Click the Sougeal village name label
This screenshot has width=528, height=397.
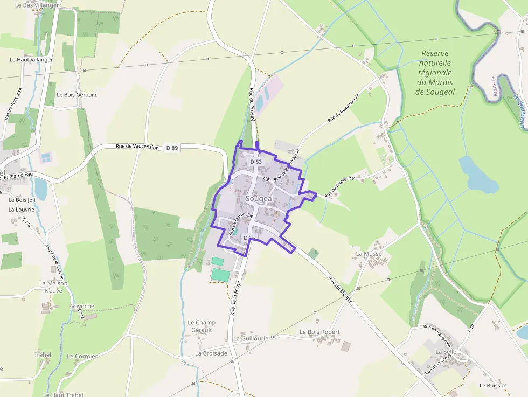pyautogui.click(x=260, y=199)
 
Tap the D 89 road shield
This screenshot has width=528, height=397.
pyautogui.click(x=172, y=148)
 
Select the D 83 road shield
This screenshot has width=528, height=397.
pyautogui.click(x=256, y=162)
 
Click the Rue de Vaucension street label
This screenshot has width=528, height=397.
pyautogui.click(x=137, y=147)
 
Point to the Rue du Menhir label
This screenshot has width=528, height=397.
pyautogui.click(x=340, y=290)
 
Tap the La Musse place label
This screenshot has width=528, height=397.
pyautogui.click(x=369, y=254)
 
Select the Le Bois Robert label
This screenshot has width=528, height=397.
pyautogui.click(x=319, y=332)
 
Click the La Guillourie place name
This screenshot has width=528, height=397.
pyautogui.click(x=251, y=338)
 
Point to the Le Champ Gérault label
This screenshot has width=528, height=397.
pyautogui.click(x=202, y=326)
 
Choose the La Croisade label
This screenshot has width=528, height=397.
pyautogui.click(x=211, y=353)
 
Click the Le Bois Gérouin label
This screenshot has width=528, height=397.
pyautogui.click(x=77, y=95)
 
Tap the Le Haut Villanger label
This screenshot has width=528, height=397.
pyautogui.click(x=31, y=60)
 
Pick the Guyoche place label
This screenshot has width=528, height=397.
pyautogui.click(x=82, y=306)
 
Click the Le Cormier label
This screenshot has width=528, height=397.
pyautogui.click(x=82, y=356)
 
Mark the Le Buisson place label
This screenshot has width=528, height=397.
pyautogui.click(x=493, y=386)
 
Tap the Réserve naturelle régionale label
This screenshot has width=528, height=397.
pyautogui.click(x=435, y=73)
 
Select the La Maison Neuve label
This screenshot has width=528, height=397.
pyautogui.click(x=53, y=287)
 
